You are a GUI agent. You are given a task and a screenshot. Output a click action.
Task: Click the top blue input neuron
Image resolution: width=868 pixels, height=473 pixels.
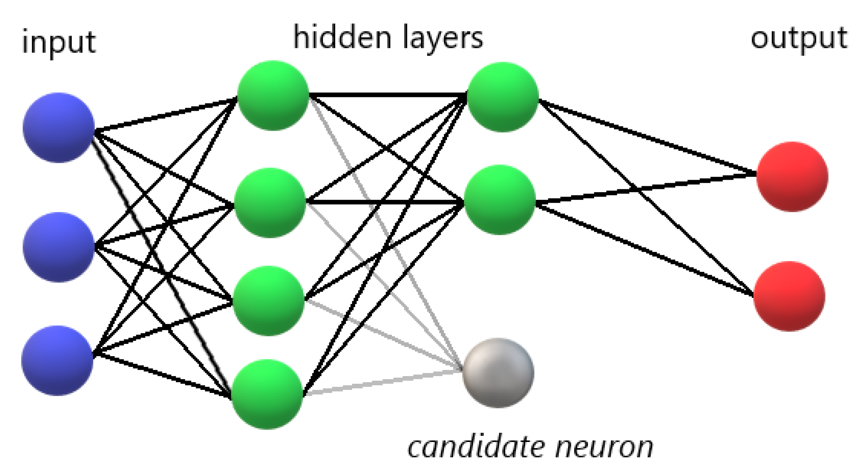[x=59, y=128]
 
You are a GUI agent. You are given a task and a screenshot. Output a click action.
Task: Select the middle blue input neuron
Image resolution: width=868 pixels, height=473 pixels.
[x=58, y=247]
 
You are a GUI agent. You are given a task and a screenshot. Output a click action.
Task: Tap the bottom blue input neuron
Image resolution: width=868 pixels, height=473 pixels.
[x=57, y=360]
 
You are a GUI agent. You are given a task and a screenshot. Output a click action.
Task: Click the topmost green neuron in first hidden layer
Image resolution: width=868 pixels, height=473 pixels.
[x=273, y=95]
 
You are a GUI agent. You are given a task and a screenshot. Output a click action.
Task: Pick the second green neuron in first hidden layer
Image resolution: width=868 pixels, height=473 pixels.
[x=270, y=203]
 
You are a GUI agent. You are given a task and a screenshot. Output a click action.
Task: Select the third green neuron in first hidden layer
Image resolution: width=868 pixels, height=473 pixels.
[x=269, y=301]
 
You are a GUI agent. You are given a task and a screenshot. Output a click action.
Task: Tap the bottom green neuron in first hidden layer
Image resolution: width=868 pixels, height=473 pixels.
[x=267, y=394]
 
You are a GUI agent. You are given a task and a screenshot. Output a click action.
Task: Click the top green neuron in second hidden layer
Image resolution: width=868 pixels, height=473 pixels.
[x=503, y=97]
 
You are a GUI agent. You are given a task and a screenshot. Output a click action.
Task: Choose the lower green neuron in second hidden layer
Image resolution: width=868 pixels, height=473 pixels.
[x=499, y=200]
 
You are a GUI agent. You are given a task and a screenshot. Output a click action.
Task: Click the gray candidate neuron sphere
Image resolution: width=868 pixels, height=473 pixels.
[x=498, y=373]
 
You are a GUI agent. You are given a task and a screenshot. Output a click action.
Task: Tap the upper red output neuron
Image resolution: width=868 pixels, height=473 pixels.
[x=792, y=177]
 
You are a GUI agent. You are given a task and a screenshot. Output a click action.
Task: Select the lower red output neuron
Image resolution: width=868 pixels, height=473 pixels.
[x=789, y=296]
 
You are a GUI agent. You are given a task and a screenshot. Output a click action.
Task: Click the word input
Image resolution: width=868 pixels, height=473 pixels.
[x=59, y=43]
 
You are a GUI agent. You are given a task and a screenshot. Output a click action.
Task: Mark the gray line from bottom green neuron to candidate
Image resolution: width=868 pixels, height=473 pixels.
[x=383, y=383]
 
